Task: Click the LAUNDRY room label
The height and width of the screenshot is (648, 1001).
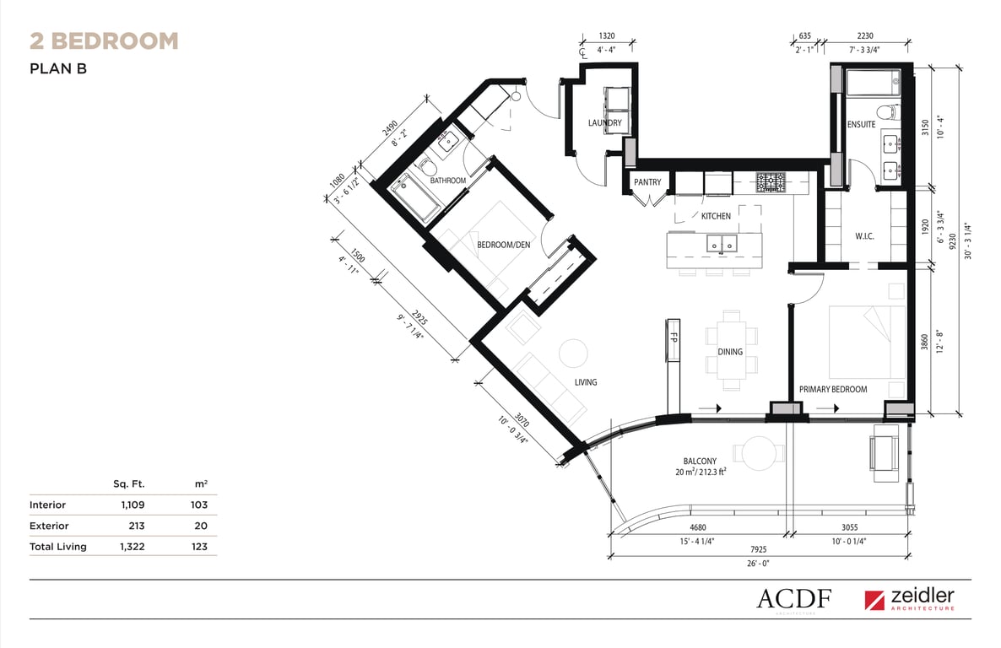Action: coord(604,122)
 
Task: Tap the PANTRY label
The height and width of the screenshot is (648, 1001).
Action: coord(647,182)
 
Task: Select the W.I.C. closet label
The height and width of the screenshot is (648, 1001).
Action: coord(864,236)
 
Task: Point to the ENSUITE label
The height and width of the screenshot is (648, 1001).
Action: coord(861,125)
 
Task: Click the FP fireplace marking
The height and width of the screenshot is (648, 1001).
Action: coord(673,338)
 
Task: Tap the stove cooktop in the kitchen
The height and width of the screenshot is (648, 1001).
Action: coord(771,182)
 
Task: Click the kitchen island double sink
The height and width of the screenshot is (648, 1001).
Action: coord(722,243)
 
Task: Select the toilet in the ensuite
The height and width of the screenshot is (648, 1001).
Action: coord(887,112)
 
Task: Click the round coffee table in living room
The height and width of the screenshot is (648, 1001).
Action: coord(573,353)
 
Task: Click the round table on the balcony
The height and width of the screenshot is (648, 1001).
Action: coord(760,453)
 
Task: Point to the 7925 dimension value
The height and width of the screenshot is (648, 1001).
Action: coord(759,549)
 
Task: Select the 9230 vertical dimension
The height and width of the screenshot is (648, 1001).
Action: coord(953,240)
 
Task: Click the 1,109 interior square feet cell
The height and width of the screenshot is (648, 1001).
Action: coord(133,505)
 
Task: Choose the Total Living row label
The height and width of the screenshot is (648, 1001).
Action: coord(58,547)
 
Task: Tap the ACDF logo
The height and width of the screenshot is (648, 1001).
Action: coord(794,599)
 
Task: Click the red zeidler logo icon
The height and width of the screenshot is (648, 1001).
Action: coord(874,600)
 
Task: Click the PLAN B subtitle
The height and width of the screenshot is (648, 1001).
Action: coord(58,68)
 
